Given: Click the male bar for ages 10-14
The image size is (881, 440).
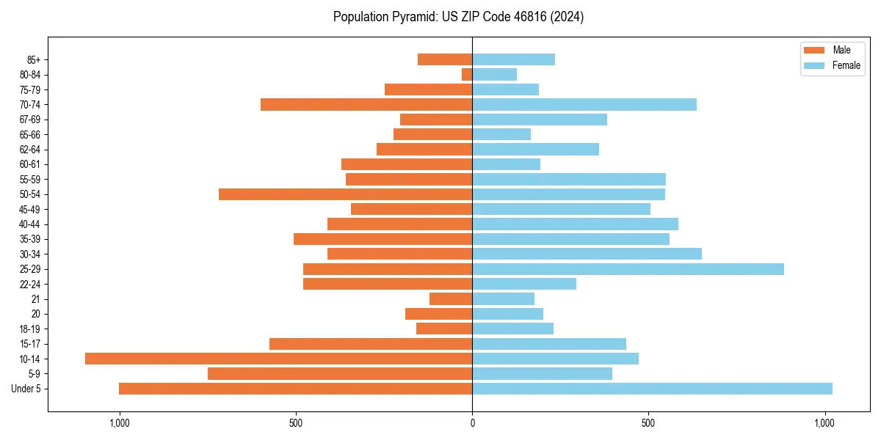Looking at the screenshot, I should click(x=279, y=359).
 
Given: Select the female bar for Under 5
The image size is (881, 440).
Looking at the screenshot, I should click(x=652, y=389).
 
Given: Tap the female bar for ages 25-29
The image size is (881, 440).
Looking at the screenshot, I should click(x=628, y=269).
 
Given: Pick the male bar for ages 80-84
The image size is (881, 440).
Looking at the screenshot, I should click(x=467, y=74).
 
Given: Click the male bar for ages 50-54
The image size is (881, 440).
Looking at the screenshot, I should click(x=345, y=194).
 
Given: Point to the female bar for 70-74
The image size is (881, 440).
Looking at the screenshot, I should click(x=584, y=104).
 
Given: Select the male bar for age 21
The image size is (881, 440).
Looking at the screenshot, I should click(x=451, y=298).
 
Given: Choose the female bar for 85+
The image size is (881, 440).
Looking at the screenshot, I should click(x=513, y=59).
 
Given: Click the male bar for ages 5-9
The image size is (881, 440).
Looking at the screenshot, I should click(x=340, y=373).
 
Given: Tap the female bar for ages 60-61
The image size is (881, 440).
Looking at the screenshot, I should click(x=506, y=164).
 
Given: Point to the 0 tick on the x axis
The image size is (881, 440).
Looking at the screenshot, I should click(x=472, y=423).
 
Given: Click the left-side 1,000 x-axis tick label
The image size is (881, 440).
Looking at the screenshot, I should click(x=119, y=423).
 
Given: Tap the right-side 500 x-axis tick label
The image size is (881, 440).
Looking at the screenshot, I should click(x=648, y=423).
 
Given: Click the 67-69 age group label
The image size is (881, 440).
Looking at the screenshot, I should click(x=30, y=120).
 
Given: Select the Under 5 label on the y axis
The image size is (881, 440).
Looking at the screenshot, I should click(x=26, y=389).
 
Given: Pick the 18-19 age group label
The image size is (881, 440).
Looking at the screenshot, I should click(x=30, y=329).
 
